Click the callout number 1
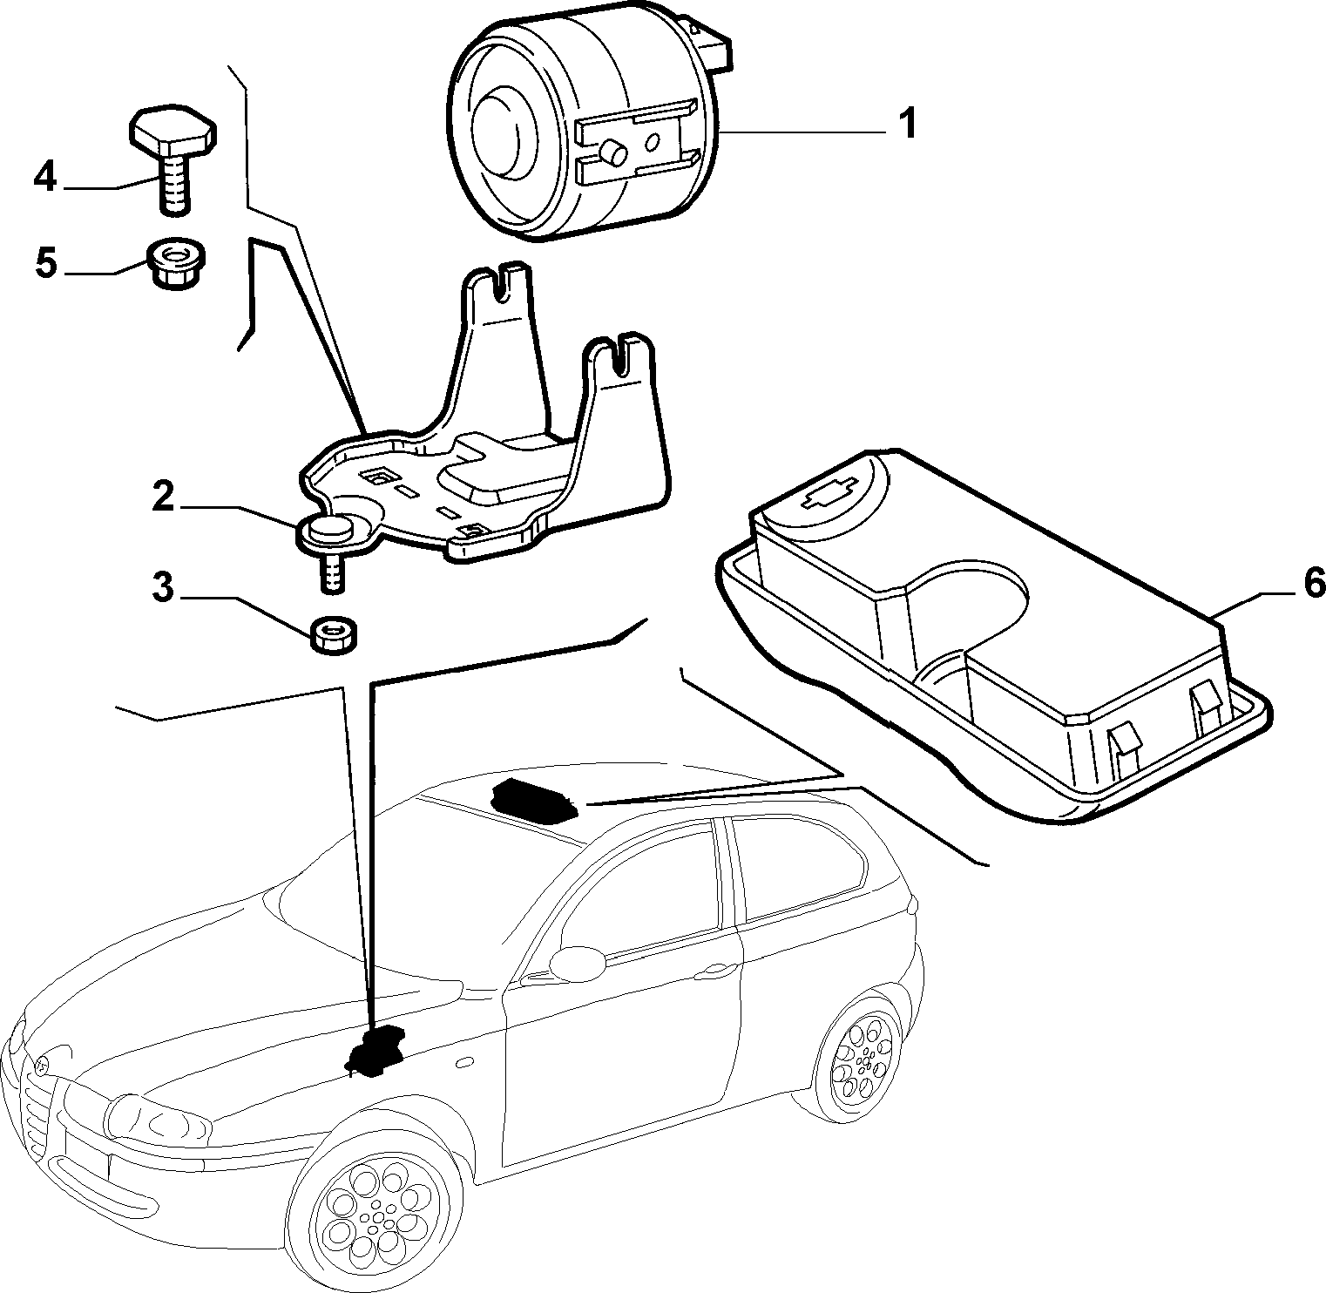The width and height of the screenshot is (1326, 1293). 907,125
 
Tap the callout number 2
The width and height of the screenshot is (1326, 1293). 164,496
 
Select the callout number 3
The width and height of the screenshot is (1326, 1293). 163,588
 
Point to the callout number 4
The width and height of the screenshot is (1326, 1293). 45,179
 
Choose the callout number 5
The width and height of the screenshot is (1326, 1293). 46,261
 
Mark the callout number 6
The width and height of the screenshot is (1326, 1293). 1314,582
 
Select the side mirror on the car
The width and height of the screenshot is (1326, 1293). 575,961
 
